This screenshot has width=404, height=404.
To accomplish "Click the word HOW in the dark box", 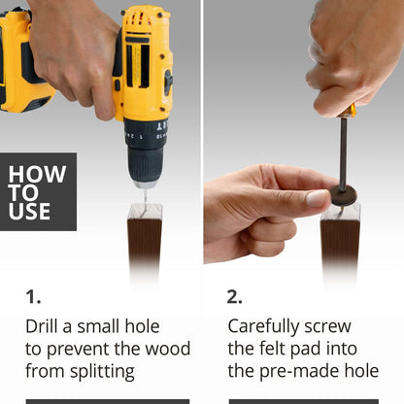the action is (37, 174).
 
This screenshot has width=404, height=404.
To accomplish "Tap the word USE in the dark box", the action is (29, 212).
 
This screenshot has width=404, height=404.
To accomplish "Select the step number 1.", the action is (33, 296).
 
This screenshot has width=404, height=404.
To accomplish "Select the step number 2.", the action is (234, 296).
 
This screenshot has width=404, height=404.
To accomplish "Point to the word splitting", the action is (102, 372).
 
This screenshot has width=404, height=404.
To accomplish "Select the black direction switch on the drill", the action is (168, 83).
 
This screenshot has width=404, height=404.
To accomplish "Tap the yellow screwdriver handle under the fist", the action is (347, 111).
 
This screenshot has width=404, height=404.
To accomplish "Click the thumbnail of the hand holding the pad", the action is (318, 198).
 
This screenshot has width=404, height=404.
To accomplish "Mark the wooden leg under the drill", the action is (145, 246).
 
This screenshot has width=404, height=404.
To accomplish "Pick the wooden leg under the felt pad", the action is (340, 246).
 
